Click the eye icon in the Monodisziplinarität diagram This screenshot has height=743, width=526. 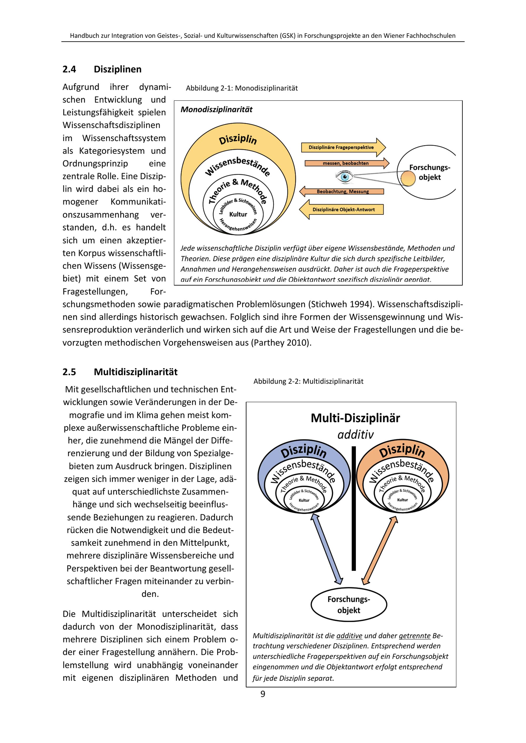(344, 177)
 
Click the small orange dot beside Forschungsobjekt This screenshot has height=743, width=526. (408, 179)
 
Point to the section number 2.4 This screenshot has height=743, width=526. (69, 69)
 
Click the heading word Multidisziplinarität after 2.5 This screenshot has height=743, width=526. (135, 372)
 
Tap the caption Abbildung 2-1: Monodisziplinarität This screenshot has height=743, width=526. (242, 88)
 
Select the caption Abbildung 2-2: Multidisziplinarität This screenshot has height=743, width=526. (308, 381)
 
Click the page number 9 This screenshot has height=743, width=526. (263, 694)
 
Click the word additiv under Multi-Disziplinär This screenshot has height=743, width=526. (355, 435)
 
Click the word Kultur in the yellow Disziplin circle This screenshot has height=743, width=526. (238, 214)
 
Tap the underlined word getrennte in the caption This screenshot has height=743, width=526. (414, 636)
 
